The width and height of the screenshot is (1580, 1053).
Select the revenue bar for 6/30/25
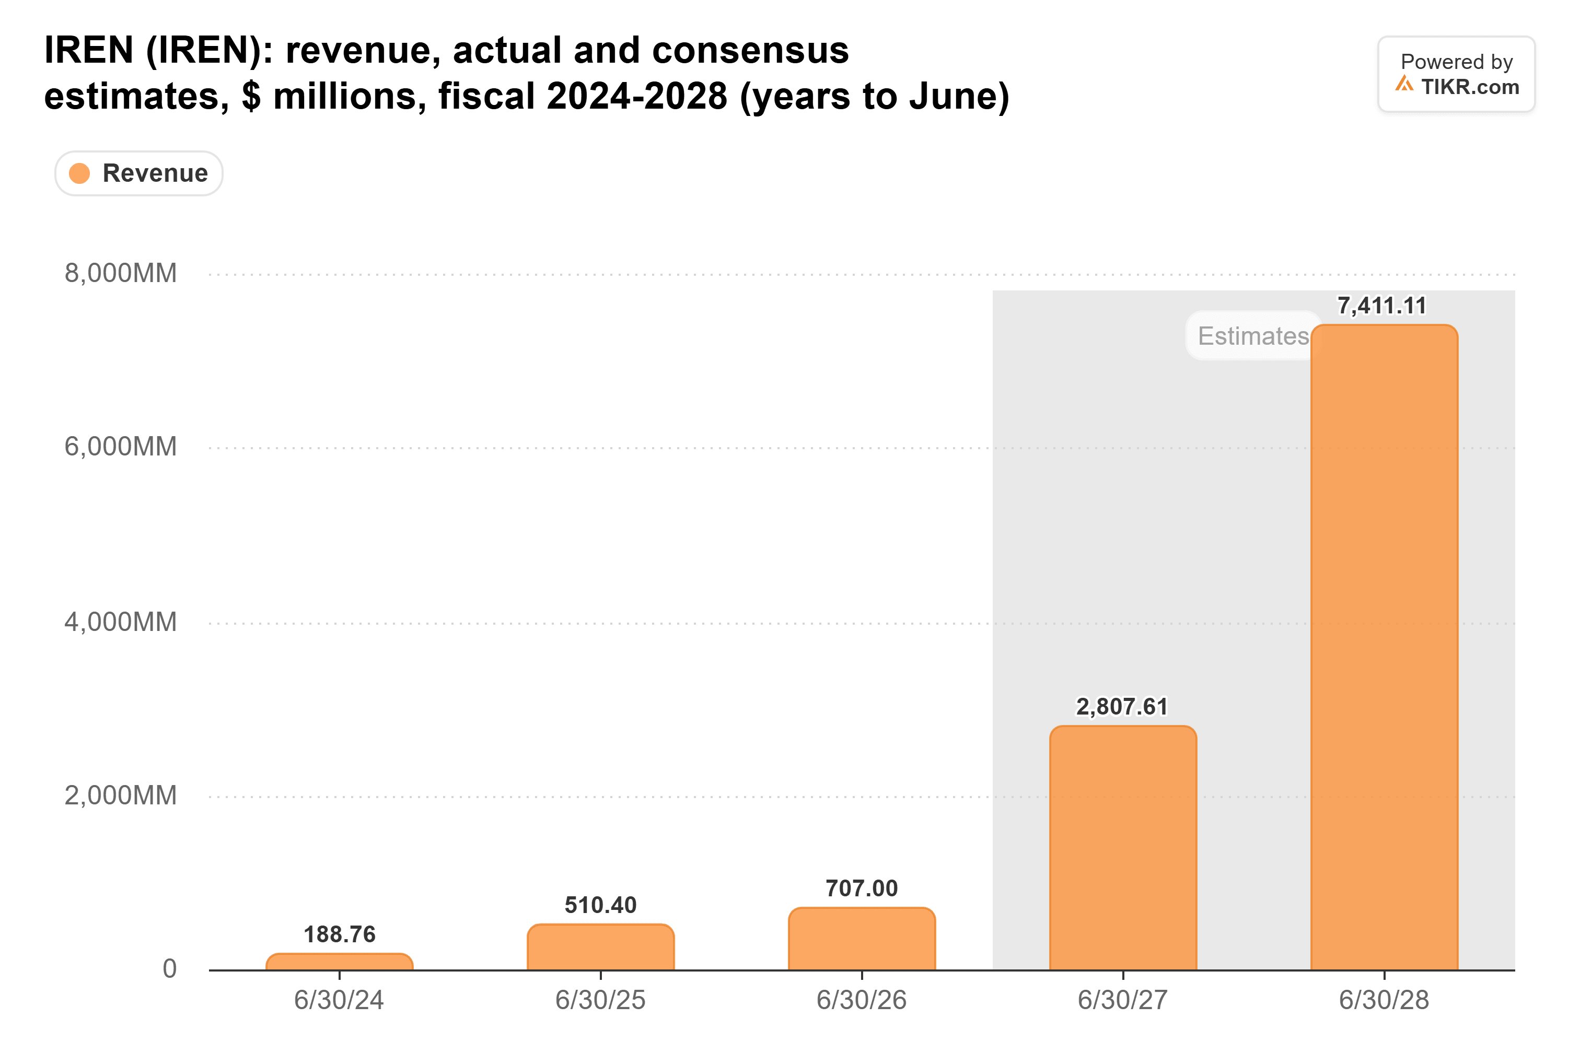600,947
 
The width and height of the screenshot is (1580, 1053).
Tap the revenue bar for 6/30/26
862,939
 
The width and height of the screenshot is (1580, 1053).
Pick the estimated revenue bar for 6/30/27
1123,848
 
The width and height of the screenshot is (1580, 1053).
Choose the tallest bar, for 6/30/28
1385,647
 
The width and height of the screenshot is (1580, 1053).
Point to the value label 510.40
600,905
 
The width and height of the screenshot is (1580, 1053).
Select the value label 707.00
862,888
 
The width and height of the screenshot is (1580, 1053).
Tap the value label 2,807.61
1122,707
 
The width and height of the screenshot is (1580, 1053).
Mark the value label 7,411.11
1382,306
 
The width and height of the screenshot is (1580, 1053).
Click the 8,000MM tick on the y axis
121,273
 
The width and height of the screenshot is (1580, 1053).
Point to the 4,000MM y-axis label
121,622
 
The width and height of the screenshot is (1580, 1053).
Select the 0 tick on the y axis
170,968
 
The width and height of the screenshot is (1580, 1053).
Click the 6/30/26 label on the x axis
862,1000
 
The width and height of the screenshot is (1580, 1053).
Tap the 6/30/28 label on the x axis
1385,1000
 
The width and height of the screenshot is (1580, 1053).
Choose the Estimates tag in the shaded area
1253,336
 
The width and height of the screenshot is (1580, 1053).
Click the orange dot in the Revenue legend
79,173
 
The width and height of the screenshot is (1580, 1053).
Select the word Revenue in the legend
155,173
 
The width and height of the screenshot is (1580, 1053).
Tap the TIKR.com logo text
1470,87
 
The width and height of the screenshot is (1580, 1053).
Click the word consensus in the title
750,50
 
